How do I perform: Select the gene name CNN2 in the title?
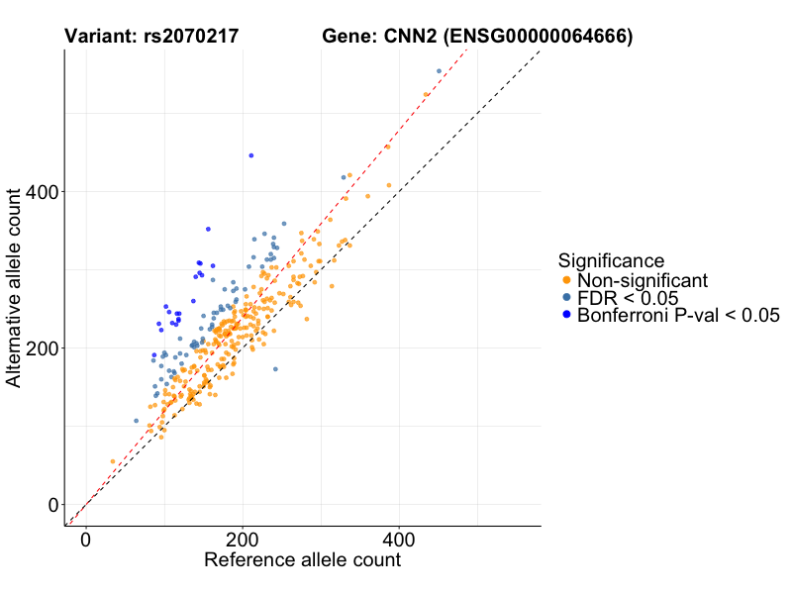[409, 38]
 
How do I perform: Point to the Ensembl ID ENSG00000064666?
[539, 38]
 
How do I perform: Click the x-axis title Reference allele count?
[302, 559]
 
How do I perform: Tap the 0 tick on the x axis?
[85, 540]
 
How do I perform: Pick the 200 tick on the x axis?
[242, 540]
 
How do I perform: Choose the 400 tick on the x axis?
[399, 540]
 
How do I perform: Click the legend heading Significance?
[611, 261]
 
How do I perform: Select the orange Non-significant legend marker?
[566, 280]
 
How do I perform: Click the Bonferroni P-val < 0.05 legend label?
[679, 316]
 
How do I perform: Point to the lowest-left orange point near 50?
[113, 461]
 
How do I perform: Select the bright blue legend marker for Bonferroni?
[566, 316]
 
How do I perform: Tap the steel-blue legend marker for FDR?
[566, 298]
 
